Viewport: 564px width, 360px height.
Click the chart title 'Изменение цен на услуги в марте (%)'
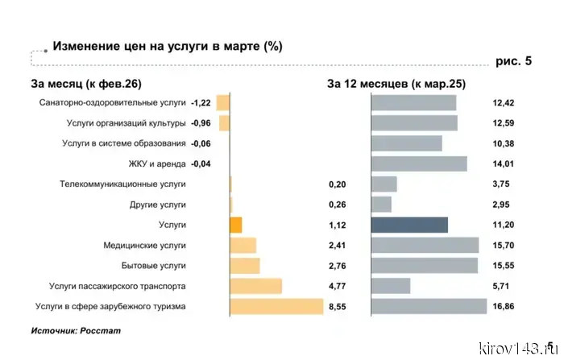167,45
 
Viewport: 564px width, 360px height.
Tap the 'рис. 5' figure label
512,61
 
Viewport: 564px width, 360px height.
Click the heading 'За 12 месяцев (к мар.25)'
396,83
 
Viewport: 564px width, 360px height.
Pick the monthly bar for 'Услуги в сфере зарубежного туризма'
276,307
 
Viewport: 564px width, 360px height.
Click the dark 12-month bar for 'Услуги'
409,225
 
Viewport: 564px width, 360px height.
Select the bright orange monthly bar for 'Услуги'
235,225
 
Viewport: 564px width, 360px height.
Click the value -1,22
201,102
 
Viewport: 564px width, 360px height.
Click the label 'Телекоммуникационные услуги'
123,184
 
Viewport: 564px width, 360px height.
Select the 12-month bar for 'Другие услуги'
381,205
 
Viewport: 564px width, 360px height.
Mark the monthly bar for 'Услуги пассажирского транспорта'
255,286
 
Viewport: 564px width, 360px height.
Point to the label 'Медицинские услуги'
145,246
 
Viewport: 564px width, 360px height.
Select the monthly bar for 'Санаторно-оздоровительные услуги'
223,102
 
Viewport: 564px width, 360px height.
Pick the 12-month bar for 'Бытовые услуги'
424,266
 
